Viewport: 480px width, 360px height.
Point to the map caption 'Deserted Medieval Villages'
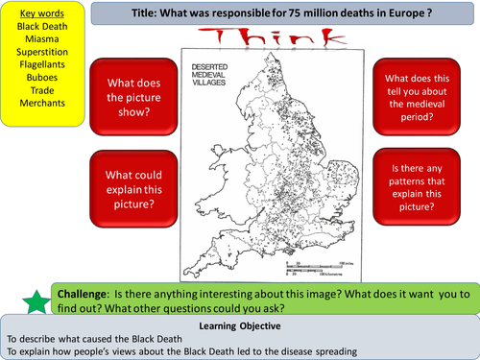tap(210, 68)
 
